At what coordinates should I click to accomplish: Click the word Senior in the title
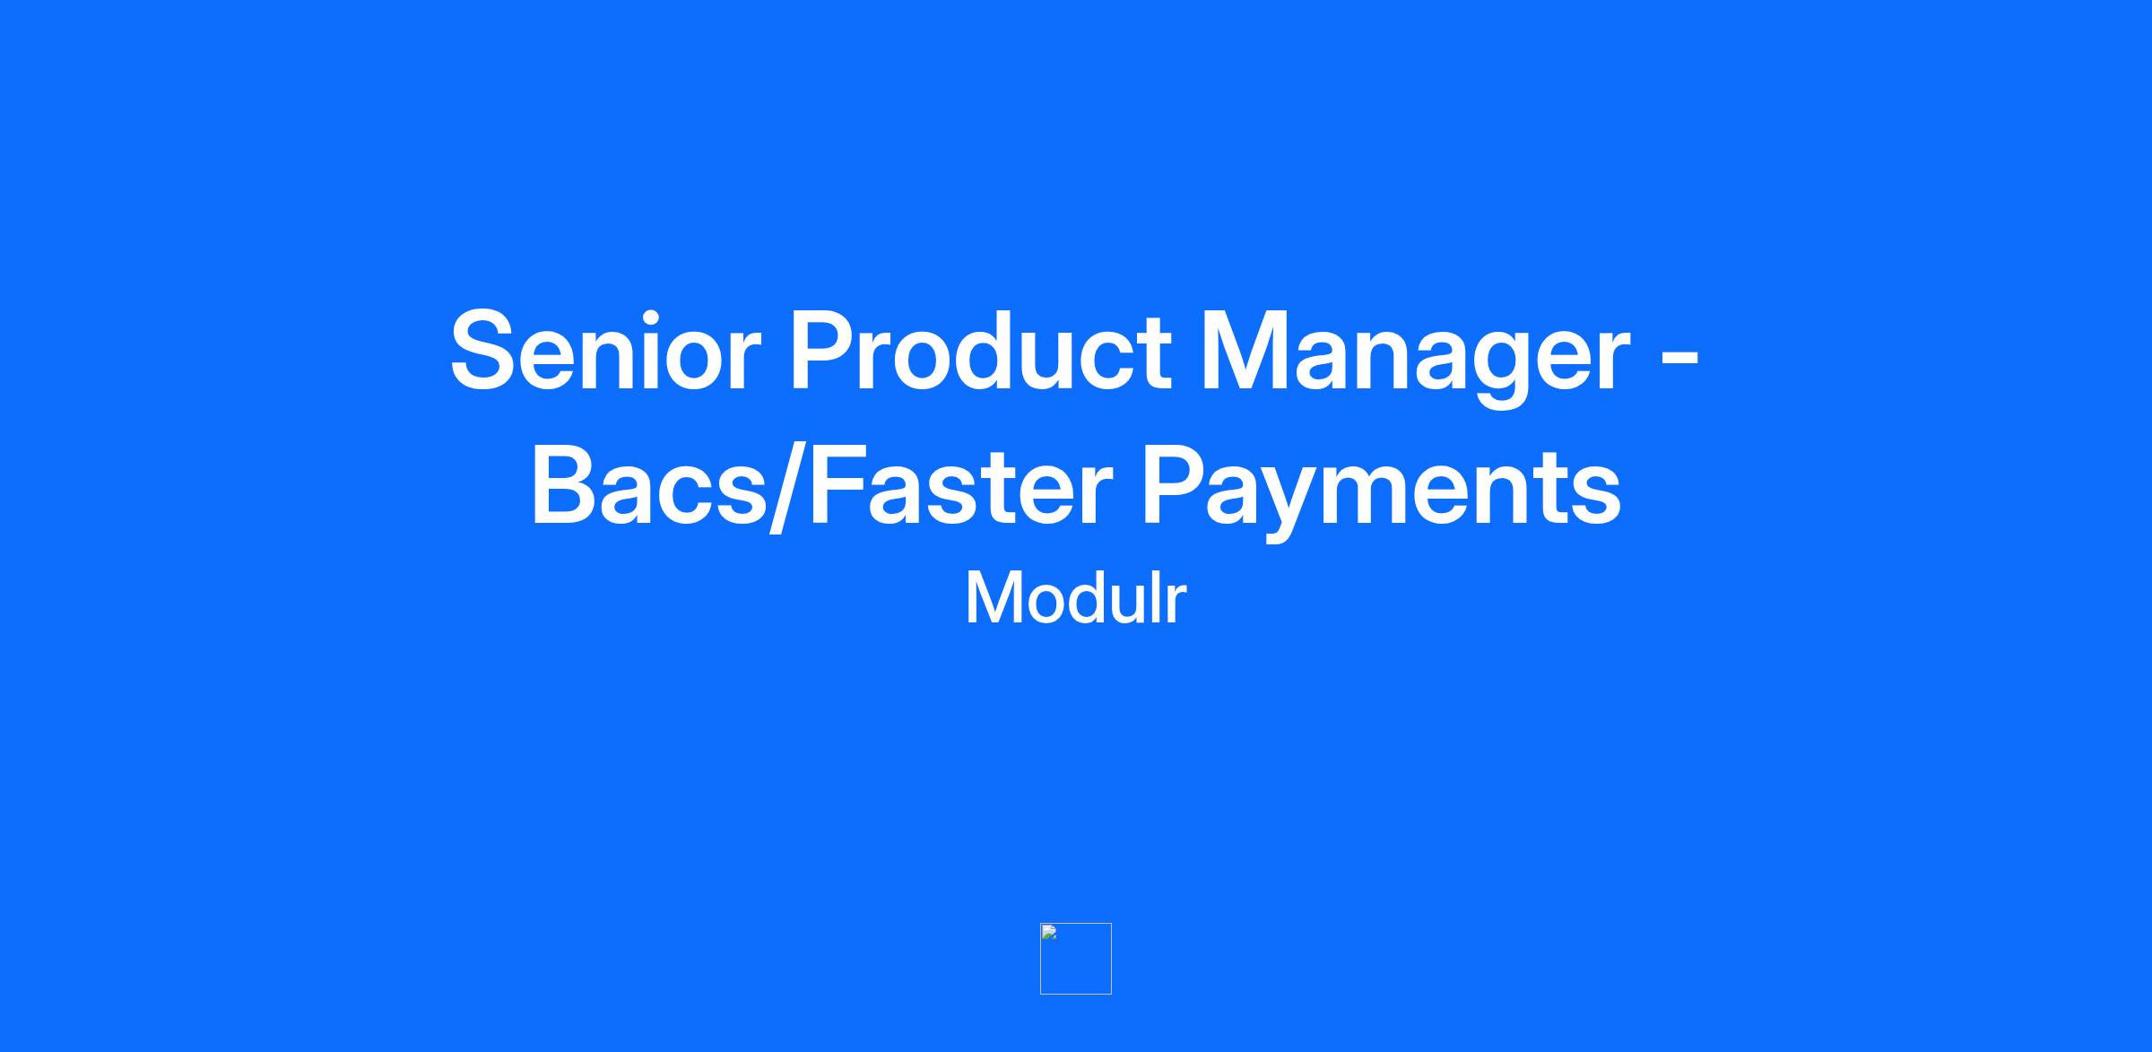click(x=605, y=351)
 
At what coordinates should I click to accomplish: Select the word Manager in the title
click(x=1415, y=357)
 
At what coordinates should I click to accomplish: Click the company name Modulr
click(x=1076, y=598)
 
